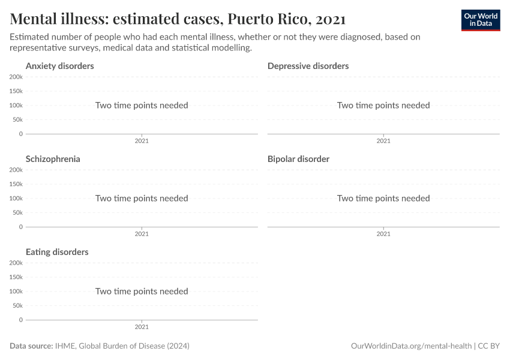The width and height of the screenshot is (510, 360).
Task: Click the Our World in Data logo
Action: coord(480,20)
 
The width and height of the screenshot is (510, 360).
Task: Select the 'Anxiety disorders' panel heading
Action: coord(59,66)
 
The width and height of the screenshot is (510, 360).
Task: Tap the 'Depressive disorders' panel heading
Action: coord(308,66)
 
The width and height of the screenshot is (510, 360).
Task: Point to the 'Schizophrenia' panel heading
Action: coord(53,159)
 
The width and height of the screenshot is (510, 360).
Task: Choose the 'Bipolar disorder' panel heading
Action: coord(298,159)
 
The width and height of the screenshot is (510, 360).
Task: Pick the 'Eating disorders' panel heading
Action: coord(57,252)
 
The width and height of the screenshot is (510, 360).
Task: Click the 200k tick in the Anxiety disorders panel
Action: coord(16,77)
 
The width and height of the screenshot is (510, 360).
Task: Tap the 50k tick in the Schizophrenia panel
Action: coord(17,212)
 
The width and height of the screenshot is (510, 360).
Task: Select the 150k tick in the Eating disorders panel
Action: coord(16,277)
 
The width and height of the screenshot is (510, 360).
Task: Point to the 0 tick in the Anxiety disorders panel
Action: coord(20,134)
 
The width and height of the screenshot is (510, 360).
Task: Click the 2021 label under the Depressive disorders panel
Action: coord(383,141)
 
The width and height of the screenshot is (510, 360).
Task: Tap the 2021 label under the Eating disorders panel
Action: coord(142,327)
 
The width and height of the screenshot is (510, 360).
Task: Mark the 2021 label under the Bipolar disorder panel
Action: coord(383,234)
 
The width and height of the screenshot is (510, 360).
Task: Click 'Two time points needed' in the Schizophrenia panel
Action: coord(142,198)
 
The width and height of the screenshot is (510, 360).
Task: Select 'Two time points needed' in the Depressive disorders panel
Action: coord(383,105)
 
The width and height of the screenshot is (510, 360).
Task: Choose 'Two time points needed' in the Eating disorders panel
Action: coord(142,291)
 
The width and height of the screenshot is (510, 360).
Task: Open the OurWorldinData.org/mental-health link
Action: coord(411,346)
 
